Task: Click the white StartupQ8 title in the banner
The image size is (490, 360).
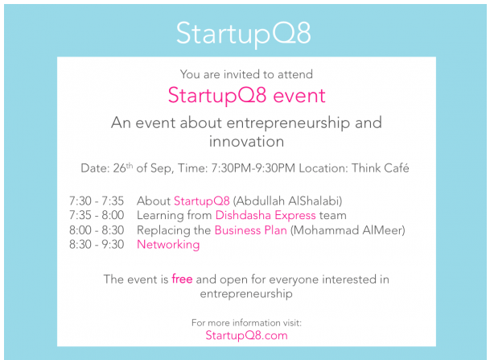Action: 244,34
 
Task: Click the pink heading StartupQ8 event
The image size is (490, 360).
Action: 246,95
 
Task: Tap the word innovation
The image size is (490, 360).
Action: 246,142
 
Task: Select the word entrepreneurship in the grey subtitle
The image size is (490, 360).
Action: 288,123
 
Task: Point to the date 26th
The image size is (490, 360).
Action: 123,168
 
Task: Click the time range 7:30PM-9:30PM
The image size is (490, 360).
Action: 253,168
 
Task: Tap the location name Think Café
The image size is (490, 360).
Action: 381,168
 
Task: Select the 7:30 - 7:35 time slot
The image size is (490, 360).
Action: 97,201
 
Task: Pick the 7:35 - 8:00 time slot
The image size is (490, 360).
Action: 97,215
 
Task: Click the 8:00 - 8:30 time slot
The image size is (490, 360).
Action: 97,230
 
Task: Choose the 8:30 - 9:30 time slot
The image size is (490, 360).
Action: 97,244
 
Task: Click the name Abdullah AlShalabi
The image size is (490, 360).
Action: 288,201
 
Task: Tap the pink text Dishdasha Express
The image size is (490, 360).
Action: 266,215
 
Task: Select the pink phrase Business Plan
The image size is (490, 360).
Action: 250,230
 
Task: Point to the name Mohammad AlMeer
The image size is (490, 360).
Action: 348,230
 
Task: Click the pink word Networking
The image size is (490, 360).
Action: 168,245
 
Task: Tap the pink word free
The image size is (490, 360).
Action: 182,279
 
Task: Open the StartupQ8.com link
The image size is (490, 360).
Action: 246,335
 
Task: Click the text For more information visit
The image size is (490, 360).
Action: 246,322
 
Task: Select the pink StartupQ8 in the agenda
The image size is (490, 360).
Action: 202,201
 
